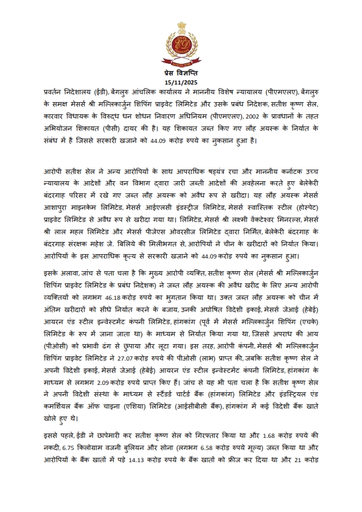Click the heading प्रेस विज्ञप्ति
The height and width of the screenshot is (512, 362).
(x=181, y=73)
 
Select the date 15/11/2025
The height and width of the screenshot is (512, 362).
(x=181, y=83)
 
